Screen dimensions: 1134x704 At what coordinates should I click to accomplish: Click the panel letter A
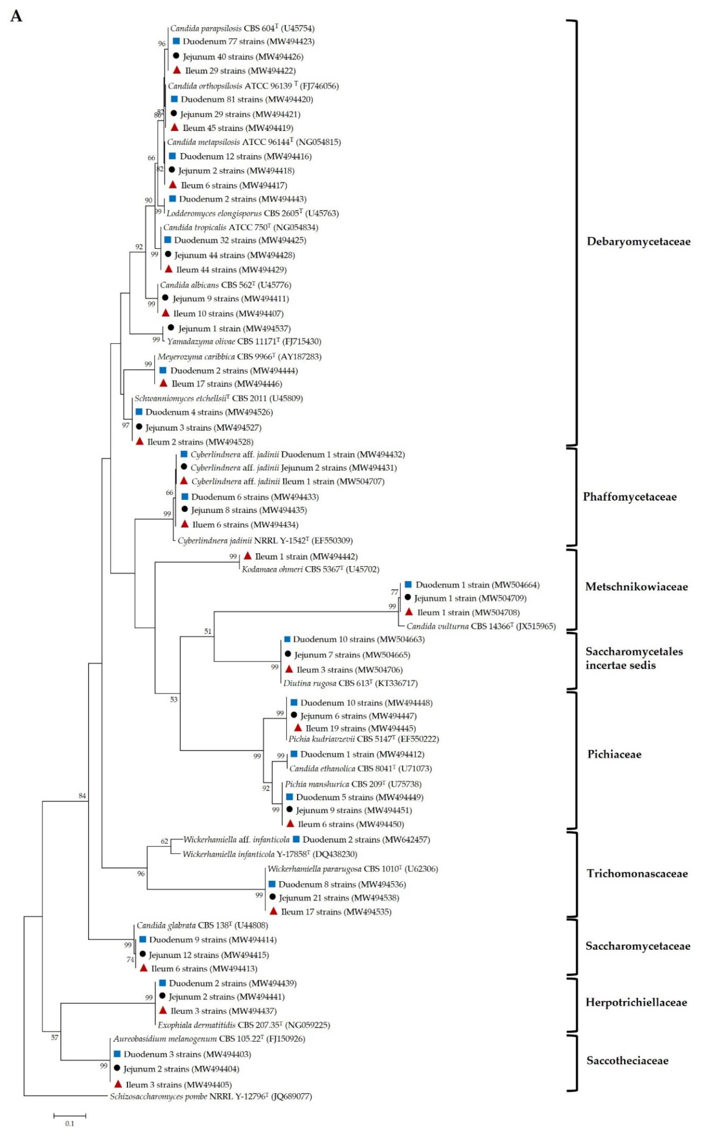point(16,16)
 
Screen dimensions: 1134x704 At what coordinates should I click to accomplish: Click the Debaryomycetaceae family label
point(638,241)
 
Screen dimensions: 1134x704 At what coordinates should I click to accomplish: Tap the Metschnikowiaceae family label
point(636,587)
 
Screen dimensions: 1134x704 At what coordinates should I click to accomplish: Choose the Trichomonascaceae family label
point(637,874)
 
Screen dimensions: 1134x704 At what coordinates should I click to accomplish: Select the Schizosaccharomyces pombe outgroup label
point(211,1097)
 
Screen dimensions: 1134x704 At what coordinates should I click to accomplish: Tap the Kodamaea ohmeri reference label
point(310,569)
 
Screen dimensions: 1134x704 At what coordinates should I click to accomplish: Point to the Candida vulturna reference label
point(480,626)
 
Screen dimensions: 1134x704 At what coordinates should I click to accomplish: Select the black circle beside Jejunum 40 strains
point(176,56)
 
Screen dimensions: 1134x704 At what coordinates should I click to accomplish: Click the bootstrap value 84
point(82,796)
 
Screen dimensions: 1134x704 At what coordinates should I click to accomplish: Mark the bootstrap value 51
point(208,631)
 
